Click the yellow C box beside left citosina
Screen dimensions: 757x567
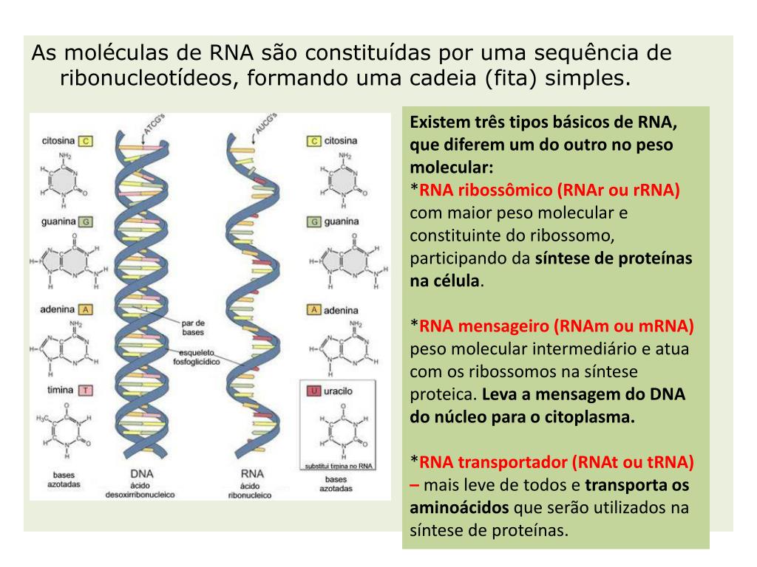pos(86,140)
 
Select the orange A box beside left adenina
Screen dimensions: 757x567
pos(86,309)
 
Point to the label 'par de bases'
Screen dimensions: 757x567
pos(192,326)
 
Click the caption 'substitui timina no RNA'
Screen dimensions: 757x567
pos(337,466)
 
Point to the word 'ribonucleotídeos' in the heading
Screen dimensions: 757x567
pos(144,78)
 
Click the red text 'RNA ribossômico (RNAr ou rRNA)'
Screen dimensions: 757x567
pos(550,190)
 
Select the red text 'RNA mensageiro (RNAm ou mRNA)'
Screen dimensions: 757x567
pos(557,326)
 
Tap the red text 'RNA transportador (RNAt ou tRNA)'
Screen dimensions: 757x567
pos(557,462)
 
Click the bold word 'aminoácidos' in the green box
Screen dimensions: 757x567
pos(459,508)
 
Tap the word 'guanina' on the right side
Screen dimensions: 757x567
pos(341,221)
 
